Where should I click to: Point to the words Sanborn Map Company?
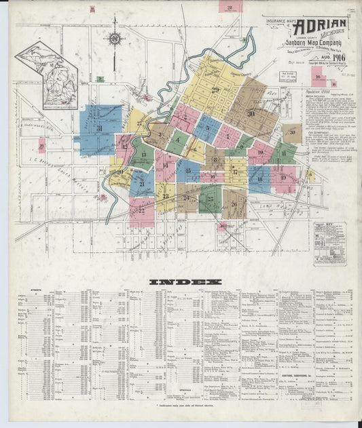click(x=309, y=44)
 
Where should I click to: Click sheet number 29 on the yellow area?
click(x=216, y=90)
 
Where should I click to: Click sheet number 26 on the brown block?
click(x=234, y=203)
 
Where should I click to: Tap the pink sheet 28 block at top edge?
click(x=230, y=7)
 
